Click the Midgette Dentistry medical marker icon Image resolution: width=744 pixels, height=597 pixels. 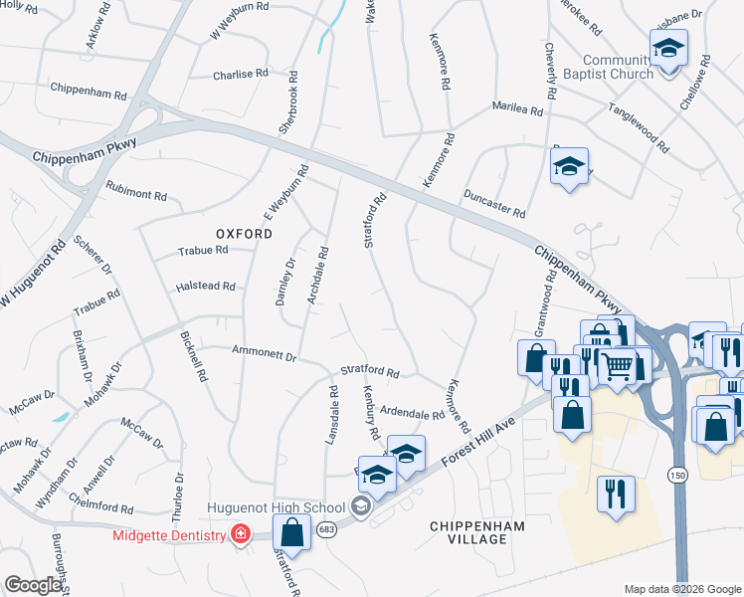pyautogui.click(x=240, y=535)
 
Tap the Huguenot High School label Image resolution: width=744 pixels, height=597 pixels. pyautogui.click(x=276, y=507)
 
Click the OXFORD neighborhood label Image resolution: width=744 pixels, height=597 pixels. pyautogui.click(x=240, y=234)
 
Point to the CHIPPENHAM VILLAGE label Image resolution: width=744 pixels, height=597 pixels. pyautogui.click(x=468, y=531)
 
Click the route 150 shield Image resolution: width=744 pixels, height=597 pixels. pyautogui.click(x=676, y=477)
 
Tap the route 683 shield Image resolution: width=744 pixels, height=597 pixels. pyautogui.click(x=327, y=529)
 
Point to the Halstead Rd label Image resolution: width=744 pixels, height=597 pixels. pyautogui.click(x=205, y=287)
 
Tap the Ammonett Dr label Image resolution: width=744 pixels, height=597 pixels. pyautogui.click(x=264, y=353)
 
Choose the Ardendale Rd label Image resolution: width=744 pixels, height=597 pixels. pyautogui.click(x=411, y=413)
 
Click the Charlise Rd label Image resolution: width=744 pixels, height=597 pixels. pyautogui.click(x=241, y=74)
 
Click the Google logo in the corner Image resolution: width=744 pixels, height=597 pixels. pyautogui.click(x=33, y=585)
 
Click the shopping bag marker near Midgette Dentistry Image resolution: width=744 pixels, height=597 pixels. pyautogui.click(x=291, y=531)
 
